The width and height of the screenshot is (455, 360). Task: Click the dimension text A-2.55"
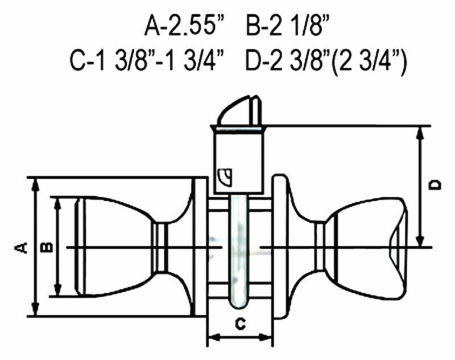click(185, 26)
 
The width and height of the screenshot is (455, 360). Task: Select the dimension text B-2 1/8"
click(289, 26)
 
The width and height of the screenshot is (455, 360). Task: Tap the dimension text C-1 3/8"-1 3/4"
click(148, 61)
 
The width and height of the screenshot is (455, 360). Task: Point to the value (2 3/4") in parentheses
click(368, 62)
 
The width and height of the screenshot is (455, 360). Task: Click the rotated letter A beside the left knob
click(21, 247)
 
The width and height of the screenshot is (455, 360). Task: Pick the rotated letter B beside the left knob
click(47, 247)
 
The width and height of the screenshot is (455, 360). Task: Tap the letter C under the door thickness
click(240, 324)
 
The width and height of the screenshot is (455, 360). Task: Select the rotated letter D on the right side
click(435, 185)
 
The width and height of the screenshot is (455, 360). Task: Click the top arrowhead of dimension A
click(35, 184)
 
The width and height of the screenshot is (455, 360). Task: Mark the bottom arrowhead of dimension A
click(35, 309)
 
